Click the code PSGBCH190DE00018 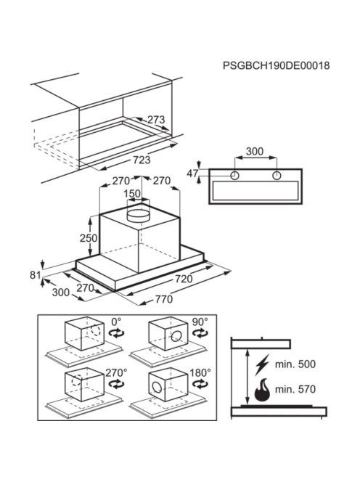[276, 65]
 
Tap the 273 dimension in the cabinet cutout [156, 120]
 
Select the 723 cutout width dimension [142, 160]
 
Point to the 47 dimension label [192, 173]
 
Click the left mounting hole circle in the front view [234, 176]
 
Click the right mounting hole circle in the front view [277, 176]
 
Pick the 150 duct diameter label [133, 194]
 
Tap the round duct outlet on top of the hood [139, 215]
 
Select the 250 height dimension [89, 238]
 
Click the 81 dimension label [35, 274]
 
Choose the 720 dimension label [184, 279]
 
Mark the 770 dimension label [164, 299]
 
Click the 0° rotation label [117, 322]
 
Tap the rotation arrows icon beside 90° [200, 333]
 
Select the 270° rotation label [116, 373]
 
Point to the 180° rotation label [200, 373]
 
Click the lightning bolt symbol [262, 364]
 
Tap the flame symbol [262, 390]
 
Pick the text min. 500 [295, 364]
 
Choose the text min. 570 [295, 390]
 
